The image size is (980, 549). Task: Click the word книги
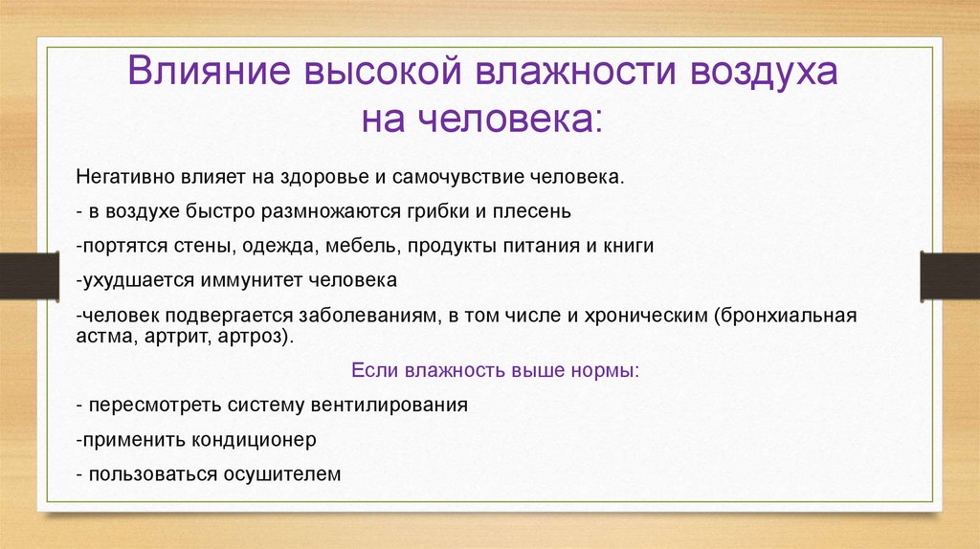(628, 246)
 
